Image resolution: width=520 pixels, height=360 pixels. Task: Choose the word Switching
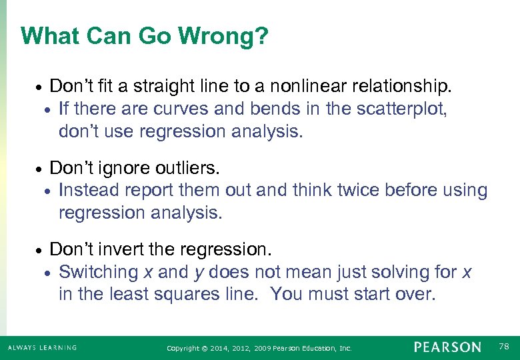tap(98, 272)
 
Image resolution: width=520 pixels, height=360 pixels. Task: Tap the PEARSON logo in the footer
tap(447, 347)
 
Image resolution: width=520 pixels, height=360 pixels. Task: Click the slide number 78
tap(505, 347)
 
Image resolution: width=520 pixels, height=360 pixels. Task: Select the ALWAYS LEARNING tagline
tap(42, 347)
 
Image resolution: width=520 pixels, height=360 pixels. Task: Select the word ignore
tap(115, 168)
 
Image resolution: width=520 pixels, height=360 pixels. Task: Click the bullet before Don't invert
tap(39, 251)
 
